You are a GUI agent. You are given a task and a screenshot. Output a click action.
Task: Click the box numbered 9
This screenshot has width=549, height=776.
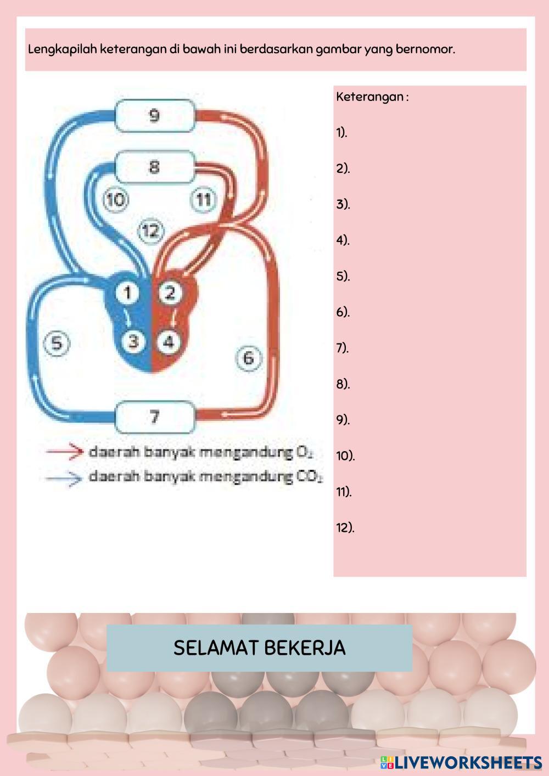[x=154, y=116]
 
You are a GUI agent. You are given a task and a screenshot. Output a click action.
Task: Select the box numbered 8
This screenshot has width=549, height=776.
[x=154, y=167]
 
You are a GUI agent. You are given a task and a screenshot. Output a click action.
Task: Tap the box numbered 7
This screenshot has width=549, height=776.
[x=154, y=417]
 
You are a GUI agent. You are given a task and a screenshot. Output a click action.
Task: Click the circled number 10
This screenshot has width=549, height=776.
[x=115, y=199]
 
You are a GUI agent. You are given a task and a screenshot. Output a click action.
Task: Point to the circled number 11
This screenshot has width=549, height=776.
[x=204, y=199]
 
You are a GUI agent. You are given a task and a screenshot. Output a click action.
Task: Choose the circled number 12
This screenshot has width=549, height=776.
[x=150, y=231]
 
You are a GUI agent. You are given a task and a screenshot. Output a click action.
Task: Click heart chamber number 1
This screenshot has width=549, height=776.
[x=127, y=293]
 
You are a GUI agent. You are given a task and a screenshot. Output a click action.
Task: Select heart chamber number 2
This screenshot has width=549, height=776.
[x=169, y=293]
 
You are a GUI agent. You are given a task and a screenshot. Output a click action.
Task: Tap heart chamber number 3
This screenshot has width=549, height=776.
[x=133, y=341]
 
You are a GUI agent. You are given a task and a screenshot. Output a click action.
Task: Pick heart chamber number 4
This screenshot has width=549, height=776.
[x=169, y=341]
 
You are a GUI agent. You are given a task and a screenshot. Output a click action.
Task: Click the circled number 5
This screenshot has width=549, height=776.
[x=57, y=344]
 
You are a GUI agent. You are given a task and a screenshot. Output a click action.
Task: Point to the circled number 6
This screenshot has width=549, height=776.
[x=248, y=358]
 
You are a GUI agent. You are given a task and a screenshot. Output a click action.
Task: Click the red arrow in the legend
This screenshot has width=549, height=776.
[x=64, y=452]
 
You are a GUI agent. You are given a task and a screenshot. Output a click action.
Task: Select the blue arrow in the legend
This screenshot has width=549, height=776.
[x=64, y=477]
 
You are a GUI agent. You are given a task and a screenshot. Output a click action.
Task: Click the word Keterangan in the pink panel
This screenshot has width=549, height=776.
[x=369, y=97]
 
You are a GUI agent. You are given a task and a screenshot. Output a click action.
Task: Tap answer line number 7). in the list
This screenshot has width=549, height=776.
[x=343, y=348]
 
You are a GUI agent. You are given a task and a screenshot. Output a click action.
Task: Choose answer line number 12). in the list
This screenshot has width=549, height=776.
[x=345, y=528]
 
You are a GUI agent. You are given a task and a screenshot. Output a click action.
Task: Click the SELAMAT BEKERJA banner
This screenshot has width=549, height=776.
[x=259, y=648]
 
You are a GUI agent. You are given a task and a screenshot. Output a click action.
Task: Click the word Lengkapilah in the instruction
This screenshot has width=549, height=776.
[x=61, y=49]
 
